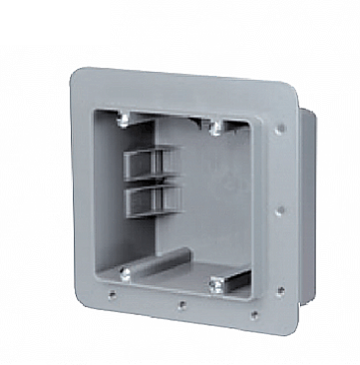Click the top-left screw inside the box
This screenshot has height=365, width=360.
pyautogui.click(x=123, y=120)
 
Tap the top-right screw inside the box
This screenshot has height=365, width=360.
pyautogui.click(x=216, y=128)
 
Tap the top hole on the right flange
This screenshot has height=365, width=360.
pyautogui.click(x=280, y=129)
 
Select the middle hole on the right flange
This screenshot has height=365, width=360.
pyautogui.click(x=280, y=209)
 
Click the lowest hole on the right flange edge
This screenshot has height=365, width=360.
pyautogui.click(x=280, y=290)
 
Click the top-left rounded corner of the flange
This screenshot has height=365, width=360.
pyautogui.click(x=77, y=73)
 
